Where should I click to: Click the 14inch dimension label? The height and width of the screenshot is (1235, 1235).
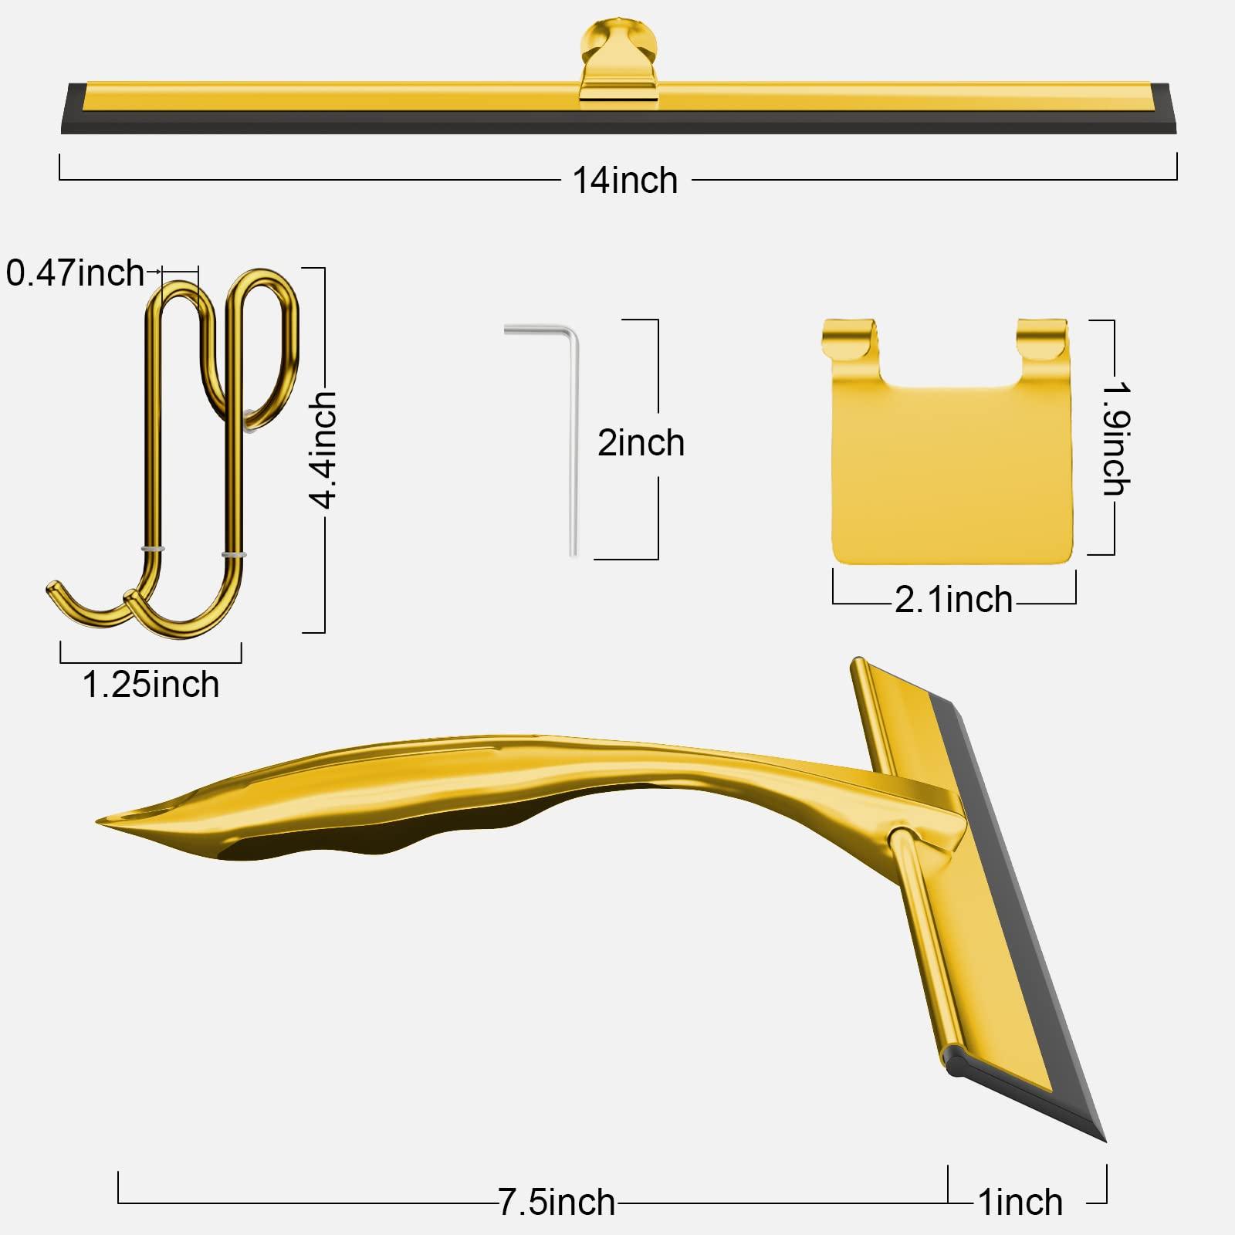click(625, 181)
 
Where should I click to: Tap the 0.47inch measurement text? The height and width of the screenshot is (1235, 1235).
click(76, 273)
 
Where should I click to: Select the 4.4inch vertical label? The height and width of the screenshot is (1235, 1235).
click(323, 449)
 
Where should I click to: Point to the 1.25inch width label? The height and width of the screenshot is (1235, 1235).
click(151, 685)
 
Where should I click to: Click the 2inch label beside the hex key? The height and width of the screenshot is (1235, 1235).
click(641, 443)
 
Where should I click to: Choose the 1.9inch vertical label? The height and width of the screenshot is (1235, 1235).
click(1116, 438)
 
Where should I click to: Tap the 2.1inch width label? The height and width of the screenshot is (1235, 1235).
click(954, 600)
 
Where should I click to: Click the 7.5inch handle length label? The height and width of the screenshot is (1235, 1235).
click(557, 1202)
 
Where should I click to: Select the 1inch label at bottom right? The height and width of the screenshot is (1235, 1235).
click(1020, 1202)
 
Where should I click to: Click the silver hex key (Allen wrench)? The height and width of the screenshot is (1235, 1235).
click(573, 440)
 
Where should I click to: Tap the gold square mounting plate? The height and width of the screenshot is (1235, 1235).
click(952, 471)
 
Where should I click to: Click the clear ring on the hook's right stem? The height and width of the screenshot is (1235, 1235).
click(234, 554)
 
